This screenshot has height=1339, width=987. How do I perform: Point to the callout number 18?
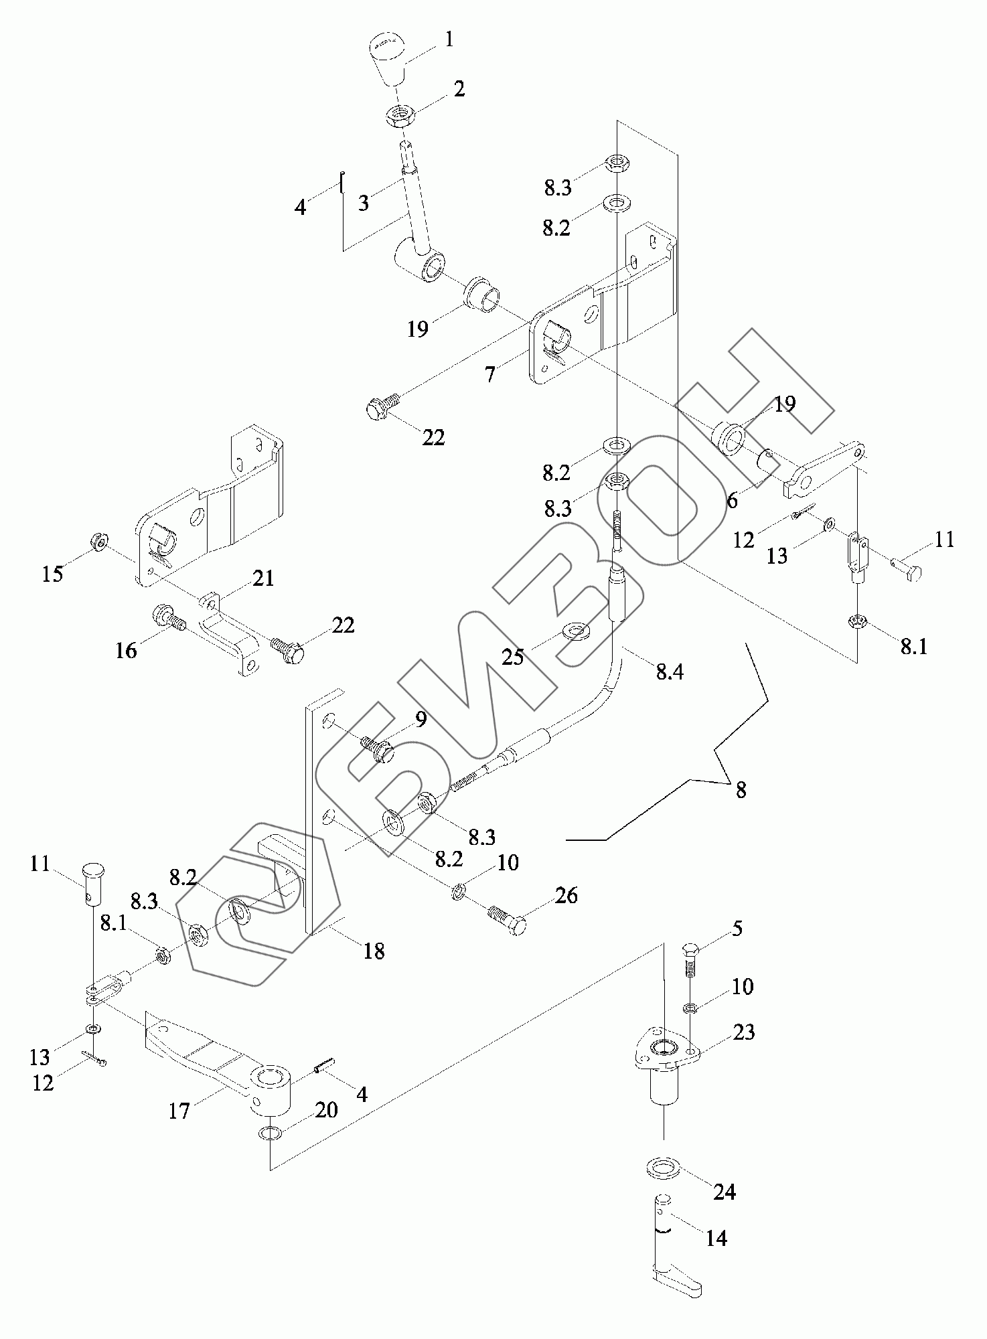click(374, 951)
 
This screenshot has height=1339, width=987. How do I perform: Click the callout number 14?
click(716, 1238)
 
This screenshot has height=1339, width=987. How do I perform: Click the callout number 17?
click(179, 1112)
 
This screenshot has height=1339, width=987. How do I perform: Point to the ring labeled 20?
click(270, 1133)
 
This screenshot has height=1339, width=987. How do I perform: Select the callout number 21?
click(263, 578)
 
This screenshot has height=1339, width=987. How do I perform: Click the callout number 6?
click(732, 499)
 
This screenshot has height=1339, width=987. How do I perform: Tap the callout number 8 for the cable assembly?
click(741, 789)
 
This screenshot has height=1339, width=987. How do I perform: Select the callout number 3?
click(363, 203)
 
